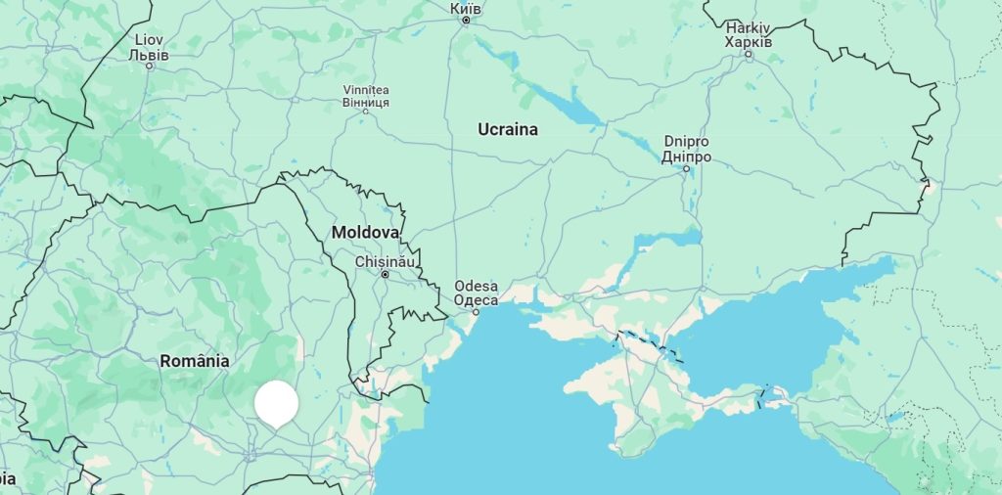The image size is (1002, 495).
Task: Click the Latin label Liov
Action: (x=149, y=40)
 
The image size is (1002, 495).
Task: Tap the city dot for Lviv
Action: (x=149, y=66)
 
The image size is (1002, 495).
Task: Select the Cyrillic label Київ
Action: (x=465, y=8)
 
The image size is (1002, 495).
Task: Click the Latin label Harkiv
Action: (x=749, y=28)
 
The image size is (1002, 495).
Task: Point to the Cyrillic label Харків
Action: (x=749, y=42)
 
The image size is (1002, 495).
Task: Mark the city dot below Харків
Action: (x=749, y=55)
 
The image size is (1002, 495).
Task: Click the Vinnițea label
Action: (x=366, y=90)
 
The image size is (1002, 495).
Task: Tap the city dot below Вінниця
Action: (x=366, y=112)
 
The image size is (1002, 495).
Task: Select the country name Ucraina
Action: (x=507, y=129)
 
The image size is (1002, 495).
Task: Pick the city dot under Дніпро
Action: (x=686, y=168)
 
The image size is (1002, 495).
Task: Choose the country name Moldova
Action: (x=365, y=233)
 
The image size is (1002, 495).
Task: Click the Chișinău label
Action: (x=386, y=261)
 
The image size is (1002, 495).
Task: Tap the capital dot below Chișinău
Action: (x=386, y=275)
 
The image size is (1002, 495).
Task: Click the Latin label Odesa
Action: (x=476, y=287)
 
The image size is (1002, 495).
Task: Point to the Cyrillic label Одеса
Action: (x=476, y=299)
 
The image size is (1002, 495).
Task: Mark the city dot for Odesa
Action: (x=477, y=312)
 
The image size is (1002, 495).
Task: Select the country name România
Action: (x=195, y=361)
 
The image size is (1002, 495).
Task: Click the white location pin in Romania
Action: (x=276, y=402)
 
